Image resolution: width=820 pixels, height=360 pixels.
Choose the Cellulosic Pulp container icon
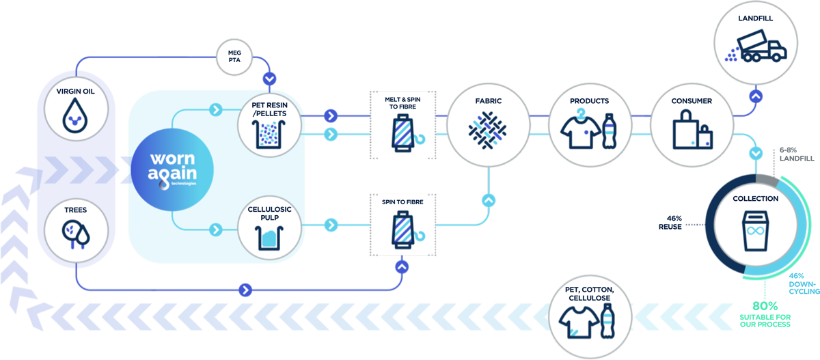[267, 238]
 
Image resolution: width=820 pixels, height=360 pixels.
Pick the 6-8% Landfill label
[794, 154]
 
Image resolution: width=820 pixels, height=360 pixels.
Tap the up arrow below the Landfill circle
[754, 96]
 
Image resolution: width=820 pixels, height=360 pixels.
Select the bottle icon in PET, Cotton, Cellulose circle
[607, 320]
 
